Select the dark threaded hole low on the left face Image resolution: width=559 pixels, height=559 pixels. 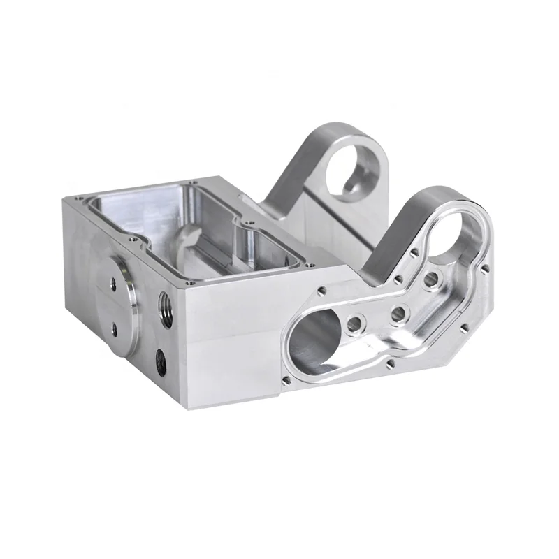coord(161,362)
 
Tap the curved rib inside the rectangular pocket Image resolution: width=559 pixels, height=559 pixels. coord(183,241)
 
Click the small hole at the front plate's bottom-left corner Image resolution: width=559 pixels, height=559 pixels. coord(286,380)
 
